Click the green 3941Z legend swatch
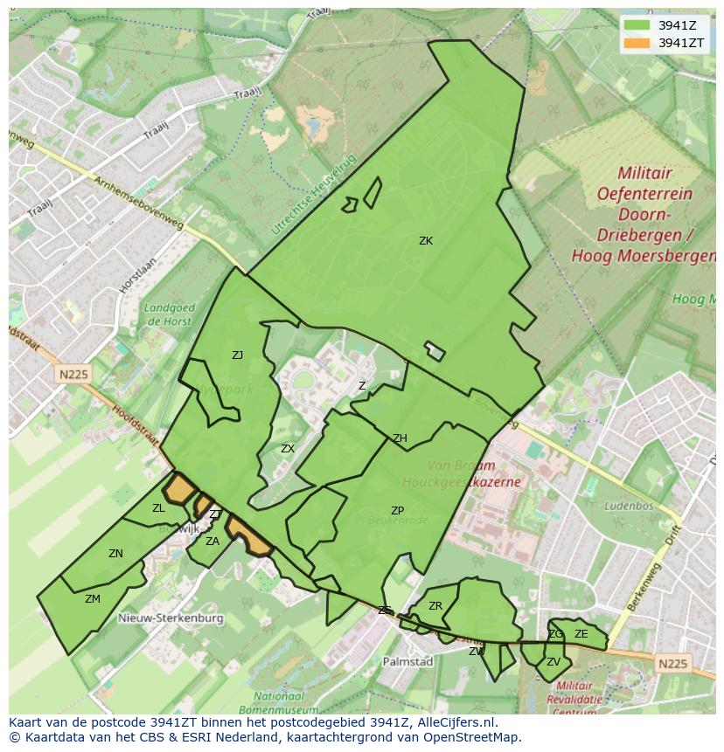point(637,25)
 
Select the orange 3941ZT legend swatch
point(637,43)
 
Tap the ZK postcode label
point(426,241)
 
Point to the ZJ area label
point(237,355)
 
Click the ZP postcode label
point(397,511)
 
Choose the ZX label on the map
point(288,449)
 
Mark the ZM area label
point(93,599)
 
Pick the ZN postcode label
point(115,554)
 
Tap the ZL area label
point(158,508)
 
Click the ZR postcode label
point(435,606)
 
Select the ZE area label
point(581,634)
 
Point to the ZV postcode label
point(553,662)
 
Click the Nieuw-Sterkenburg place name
point(171,618)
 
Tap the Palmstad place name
point(407,662)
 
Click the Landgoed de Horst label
point(168,314)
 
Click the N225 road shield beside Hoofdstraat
point(74,375)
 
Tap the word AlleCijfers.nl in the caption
point(455,722)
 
